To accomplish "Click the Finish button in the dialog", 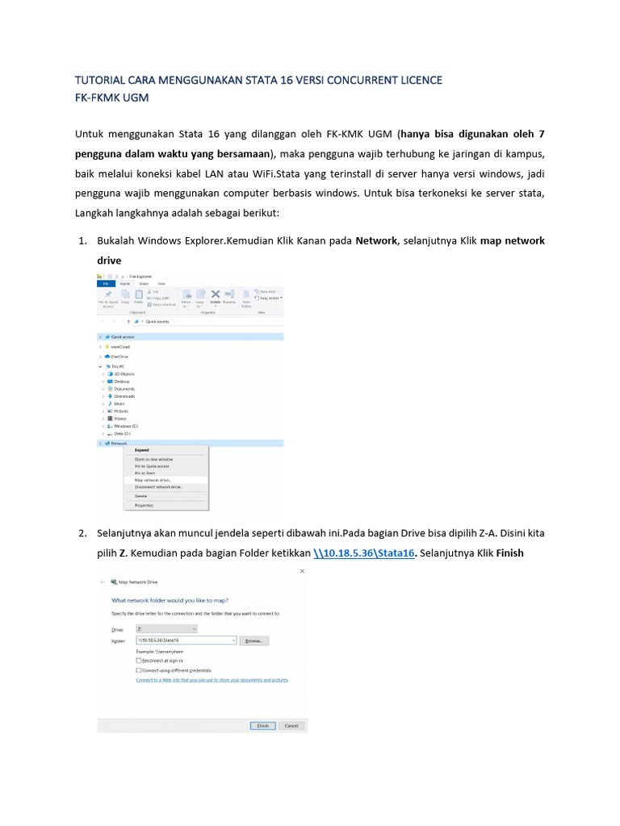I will pos(262,725).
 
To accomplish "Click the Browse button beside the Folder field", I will pos(253,640).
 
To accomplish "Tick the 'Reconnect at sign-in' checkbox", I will pos(140,660).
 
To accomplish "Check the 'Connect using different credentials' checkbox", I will pos(140,670).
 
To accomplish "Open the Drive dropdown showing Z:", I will pos(166,627).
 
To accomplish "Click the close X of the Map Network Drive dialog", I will pos(302,571).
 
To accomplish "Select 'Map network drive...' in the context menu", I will pos(153,480).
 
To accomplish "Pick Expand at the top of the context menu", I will pos(141,450).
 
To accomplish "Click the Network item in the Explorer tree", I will pos(119,443).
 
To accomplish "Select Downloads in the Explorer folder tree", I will pos(124,396).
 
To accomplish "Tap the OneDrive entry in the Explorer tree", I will pos(119,356).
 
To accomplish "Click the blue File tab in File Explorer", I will pos(104,284).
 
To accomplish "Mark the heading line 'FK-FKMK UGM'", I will pos(112,97).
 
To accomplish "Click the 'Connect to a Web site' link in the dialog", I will pos(212,680).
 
